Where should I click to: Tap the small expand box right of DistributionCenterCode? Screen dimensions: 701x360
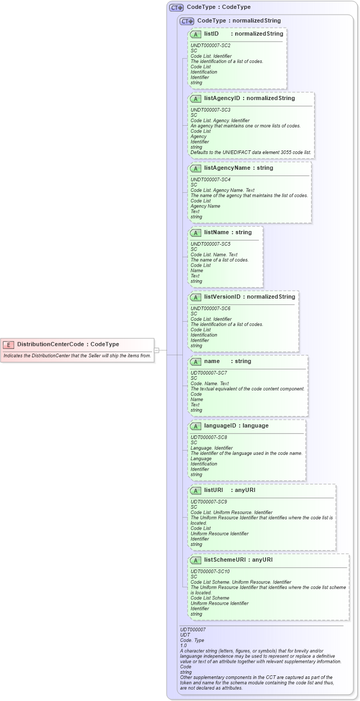[x=156, y=350]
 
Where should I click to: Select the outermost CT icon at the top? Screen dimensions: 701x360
[x=176, y=7]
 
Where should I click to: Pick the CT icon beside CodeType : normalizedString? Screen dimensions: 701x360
[x=187, y=21]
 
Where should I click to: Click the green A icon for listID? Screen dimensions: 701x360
[x=195, y=34]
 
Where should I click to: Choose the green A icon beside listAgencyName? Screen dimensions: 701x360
[x=195, y=168]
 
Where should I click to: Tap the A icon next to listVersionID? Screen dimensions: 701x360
[x=195, y=297]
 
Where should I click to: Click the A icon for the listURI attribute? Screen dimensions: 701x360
[x=195, y=490]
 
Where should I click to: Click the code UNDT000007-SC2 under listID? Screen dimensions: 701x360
[x=211, y=46]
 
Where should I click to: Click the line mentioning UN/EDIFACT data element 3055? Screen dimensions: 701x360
[x=251, y=152]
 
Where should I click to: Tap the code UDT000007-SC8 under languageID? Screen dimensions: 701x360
[x=209, y=437]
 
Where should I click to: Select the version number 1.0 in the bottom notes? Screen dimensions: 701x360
[x=184, y=645]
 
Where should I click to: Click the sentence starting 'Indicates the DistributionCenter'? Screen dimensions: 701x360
[x=77, y=356]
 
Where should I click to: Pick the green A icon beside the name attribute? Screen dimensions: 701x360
[x=195, y=362]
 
